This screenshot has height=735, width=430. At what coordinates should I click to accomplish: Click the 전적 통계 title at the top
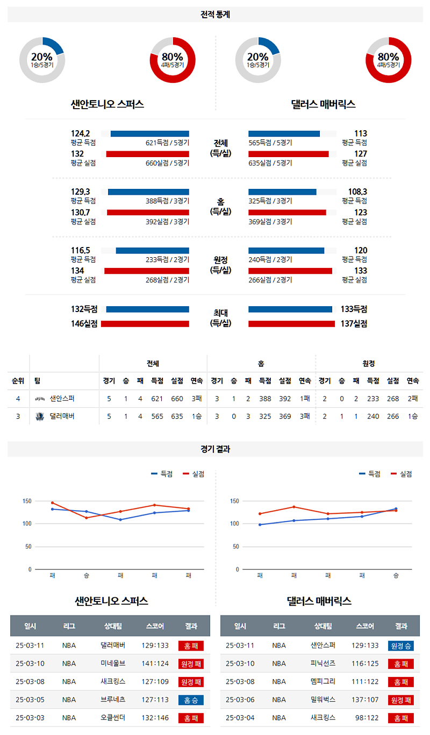pyautogui.click(x=215, y=15)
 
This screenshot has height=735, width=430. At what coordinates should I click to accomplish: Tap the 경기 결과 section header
pyautogui.click(x=215, y=449)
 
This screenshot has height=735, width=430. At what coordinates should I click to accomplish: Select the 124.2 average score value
pyautogui.click(x=80, y=133)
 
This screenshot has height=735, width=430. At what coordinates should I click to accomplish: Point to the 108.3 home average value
pyautogui.click(x=357, y=192)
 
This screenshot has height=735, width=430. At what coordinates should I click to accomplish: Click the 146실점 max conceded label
pyautogui.click(x=84, y=324)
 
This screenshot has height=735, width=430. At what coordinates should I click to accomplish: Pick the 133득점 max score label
pyautogui.click(x=354, y=309)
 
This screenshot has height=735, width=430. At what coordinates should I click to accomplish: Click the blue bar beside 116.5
pyautogui.click(x=152, y=250)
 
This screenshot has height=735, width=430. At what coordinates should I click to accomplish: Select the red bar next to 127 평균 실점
pyautogui.click(x=288, y=154)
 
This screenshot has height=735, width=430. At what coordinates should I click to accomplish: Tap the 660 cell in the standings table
pyautogui.click(x=177, y=399)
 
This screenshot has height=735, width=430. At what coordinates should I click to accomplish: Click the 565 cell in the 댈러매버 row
pyautogui.click(x=157, y=416)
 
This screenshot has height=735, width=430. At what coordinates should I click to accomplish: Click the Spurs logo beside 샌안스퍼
pyautogui.click(x=40, y=399)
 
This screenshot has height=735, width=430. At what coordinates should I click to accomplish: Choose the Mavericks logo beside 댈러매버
pyautogui.click(x=40, y=416)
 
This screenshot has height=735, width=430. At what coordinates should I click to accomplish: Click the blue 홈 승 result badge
pyautogui.click(x=191, y=700)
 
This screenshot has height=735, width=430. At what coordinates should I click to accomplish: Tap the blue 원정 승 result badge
pyautogui.click(x=400, y=646)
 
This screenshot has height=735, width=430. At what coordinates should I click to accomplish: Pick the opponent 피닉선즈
pyautogui.click(x=323, y=664)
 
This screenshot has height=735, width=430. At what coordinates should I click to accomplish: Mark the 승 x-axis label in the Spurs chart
pyautogui.click(x=87, y=576)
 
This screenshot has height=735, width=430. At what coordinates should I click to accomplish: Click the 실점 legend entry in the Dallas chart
pyautogui.click(x=405, y=474)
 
